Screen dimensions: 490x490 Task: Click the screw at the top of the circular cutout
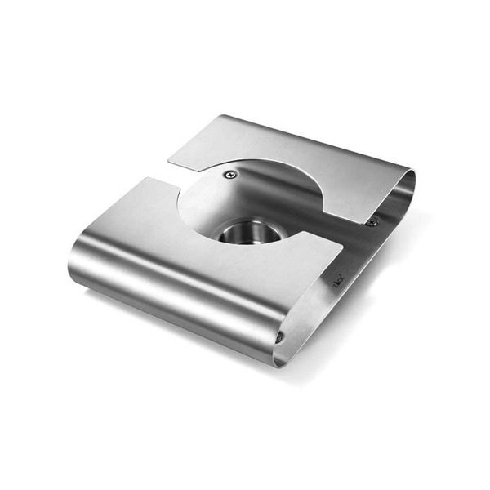click(231, 174)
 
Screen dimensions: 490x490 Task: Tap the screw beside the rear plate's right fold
click(372, 221)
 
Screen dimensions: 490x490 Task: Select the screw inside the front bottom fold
click(279, 336)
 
